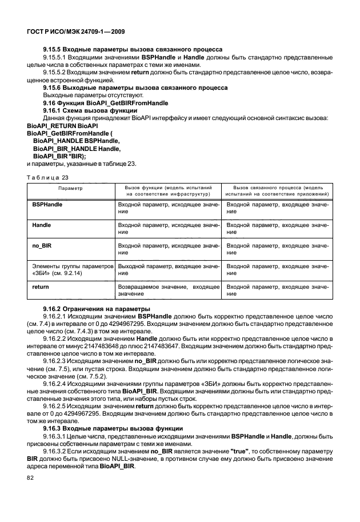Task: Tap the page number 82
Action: (30, 492)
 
